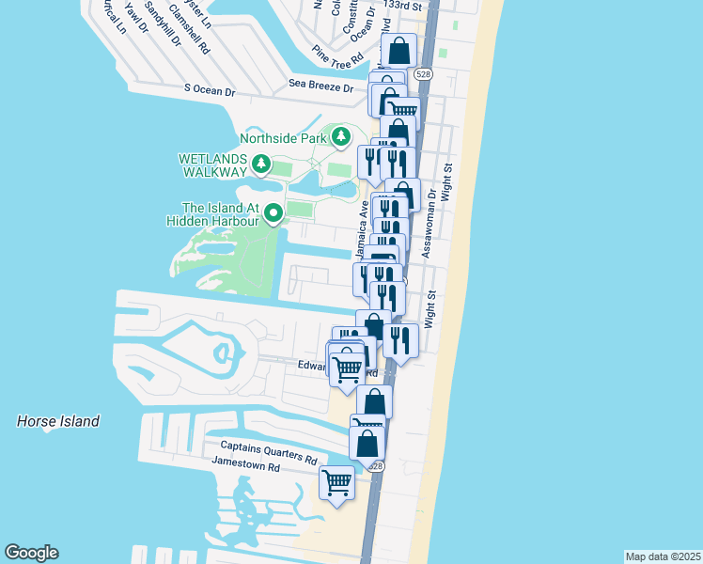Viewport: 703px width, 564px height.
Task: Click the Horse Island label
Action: coord(58,422)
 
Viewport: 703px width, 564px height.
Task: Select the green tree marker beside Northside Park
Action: coord(340,138)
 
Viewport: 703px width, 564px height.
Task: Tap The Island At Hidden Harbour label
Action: coord(223,213)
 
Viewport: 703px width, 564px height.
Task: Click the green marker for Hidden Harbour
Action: coord(273,214)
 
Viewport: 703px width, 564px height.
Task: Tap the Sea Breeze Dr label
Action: coord(320,87)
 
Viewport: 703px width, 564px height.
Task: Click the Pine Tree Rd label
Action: coord(338,57)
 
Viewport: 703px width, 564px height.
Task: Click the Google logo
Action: coord(31,553)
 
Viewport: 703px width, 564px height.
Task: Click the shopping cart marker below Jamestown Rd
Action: coord(336,483)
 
